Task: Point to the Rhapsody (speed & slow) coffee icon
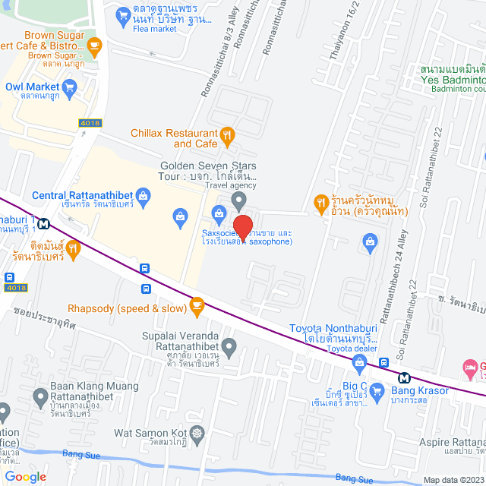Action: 197,308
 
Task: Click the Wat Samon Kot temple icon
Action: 198,433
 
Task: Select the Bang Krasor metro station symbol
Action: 404,377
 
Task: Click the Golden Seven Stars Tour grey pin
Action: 239,201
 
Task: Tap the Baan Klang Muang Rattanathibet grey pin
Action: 40,396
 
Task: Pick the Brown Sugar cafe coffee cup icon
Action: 93,47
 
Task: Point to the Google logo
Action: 25,477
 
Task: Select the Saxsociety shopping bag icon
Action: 219,212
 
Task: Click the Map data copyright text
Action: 453,480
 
